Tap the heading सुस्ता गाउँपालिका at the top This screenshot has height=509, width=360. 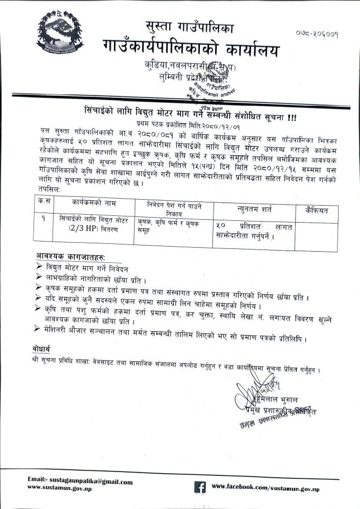190,27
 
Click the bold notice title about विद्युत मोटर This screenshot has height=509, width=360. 190,111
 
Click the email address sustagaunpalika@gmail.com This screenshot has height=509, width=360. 80,481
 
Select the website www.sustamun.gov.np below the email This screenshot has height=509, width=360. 60,488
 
